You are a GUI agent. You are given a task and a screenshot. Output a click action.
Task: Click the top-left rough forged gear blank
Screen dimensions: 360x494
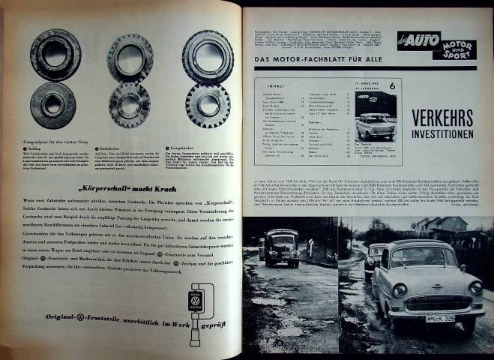coord(55,53)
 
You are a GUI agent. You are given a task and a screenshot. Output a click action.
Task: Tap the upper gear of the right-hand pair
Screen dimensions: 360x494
coord(207,55)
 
